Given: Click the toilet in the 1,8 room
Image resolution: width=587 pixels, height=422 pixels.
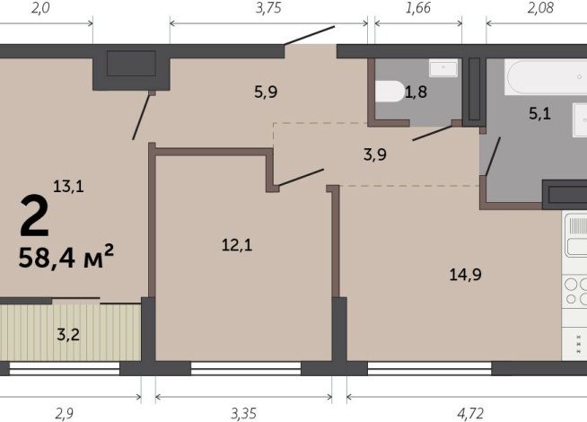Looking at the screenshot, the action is tap(390, 92).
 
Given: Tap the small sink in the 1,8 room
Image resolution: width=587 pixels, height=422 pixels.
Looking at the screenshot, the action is tap(443, 67).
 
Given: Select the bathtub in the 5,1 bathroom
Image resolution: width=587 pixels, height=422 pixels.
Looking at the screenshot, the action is tap(546, 76).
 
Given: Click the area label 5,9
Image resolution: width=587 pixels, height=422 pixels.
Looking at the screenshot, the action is tap(266, 92).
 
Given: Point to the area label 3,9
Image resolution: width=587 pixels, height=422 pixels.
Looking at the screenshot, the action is tap(375, 154).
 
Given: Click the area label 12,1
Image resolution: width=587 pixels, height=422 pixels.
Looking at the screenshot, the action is tap(237, 245).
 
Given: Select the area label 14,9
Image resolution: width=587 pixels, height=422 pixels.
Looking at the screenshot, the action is tap(465, 275).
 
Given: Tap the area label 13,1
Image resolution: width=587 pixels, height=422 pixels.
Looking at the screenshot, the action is tap(68, 186).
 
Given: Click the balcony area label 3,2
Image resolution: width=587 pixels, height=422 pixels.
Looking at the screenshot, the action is tap(68, 334).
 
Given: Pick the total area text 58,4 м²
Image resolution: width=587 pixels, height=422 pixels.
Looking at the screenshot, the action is tap(66, 257).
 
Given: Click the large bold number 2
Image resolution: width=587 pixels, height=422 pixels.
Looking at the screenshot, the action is tap(34, 215).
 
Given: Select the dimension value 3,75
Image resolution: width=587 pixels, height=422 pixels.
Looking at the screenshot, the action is tap(268, 8).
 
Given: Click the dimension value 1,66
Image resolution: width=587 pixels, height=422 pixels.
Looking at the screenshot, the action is tap(418, 8).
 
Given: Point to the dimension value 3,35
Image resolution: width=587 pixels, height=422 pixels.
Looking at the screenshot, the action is tap(244, 414).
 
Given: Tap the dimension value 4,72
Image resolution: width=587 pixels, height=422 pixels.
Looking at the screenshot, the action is tap(470, 414).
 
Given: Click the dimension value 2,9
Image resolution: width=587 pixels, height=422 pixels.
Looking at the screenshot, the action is tap(65, 414).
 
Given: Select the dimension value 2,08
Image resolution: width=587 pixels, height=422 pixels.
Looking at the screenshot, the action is tap(540, 8).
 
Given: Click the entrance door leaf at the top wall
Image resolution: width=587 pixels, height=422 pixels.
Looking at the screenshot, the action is tap(310, 36).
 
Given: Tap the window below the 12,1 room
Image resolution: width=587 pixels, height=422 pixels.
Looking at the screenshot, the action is tap(246, 368).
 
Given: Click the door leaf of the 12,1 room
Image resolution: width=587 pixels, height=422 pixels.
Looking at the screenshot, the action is tap(301, 177).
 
